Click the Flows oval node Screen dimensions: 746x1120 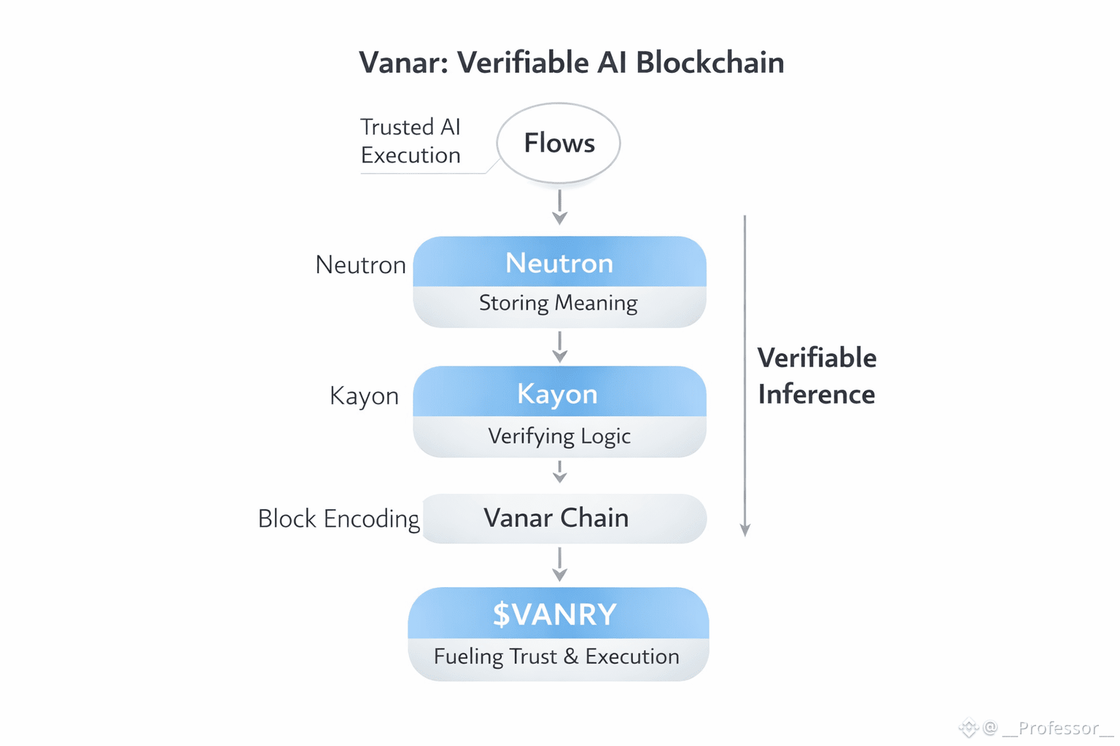[x=559, y=143]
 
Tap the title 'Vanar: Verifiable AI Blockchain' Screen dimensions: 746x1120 [x=571, y=63]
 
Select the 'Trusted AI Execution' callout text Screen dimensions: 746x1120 [x=411, y=141]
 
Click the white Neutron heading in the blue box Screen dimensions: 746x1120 [x=559, y=263]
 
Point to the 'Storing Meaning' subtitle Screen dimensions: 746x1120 [x=559, y=302]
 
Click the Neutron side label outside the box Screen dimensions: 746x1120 [x=360, y=264]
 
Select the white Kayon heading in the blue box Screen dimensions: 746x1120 [x=558, y=393]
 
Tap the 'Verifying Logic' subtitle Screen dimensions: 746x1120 [x=559, y=436]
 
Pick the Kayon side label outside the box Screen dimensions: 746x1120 [x=364, y=396]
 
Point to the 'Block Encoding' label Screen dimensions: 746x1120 [x=339, y=519]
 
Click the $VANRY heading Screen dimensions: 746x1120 [x=555, y=614]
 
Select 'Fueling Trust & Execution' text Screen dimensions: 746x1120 [x=556, y=656]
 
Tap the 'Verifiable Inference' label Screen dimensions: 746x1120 [x=817, y=376]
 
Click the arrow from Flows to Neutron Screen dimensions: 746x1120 [x=559, y=207]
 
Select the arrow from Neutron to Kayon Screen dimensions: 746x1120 [x=559, y=347]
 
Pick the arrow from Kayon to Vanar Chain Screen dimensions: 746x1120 [x=559, y=472]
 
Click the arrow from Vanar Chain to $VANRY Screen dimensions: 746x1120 [x=559, y=565]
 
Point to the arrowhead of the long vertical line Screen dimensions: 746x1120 [x=744, y=530]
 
